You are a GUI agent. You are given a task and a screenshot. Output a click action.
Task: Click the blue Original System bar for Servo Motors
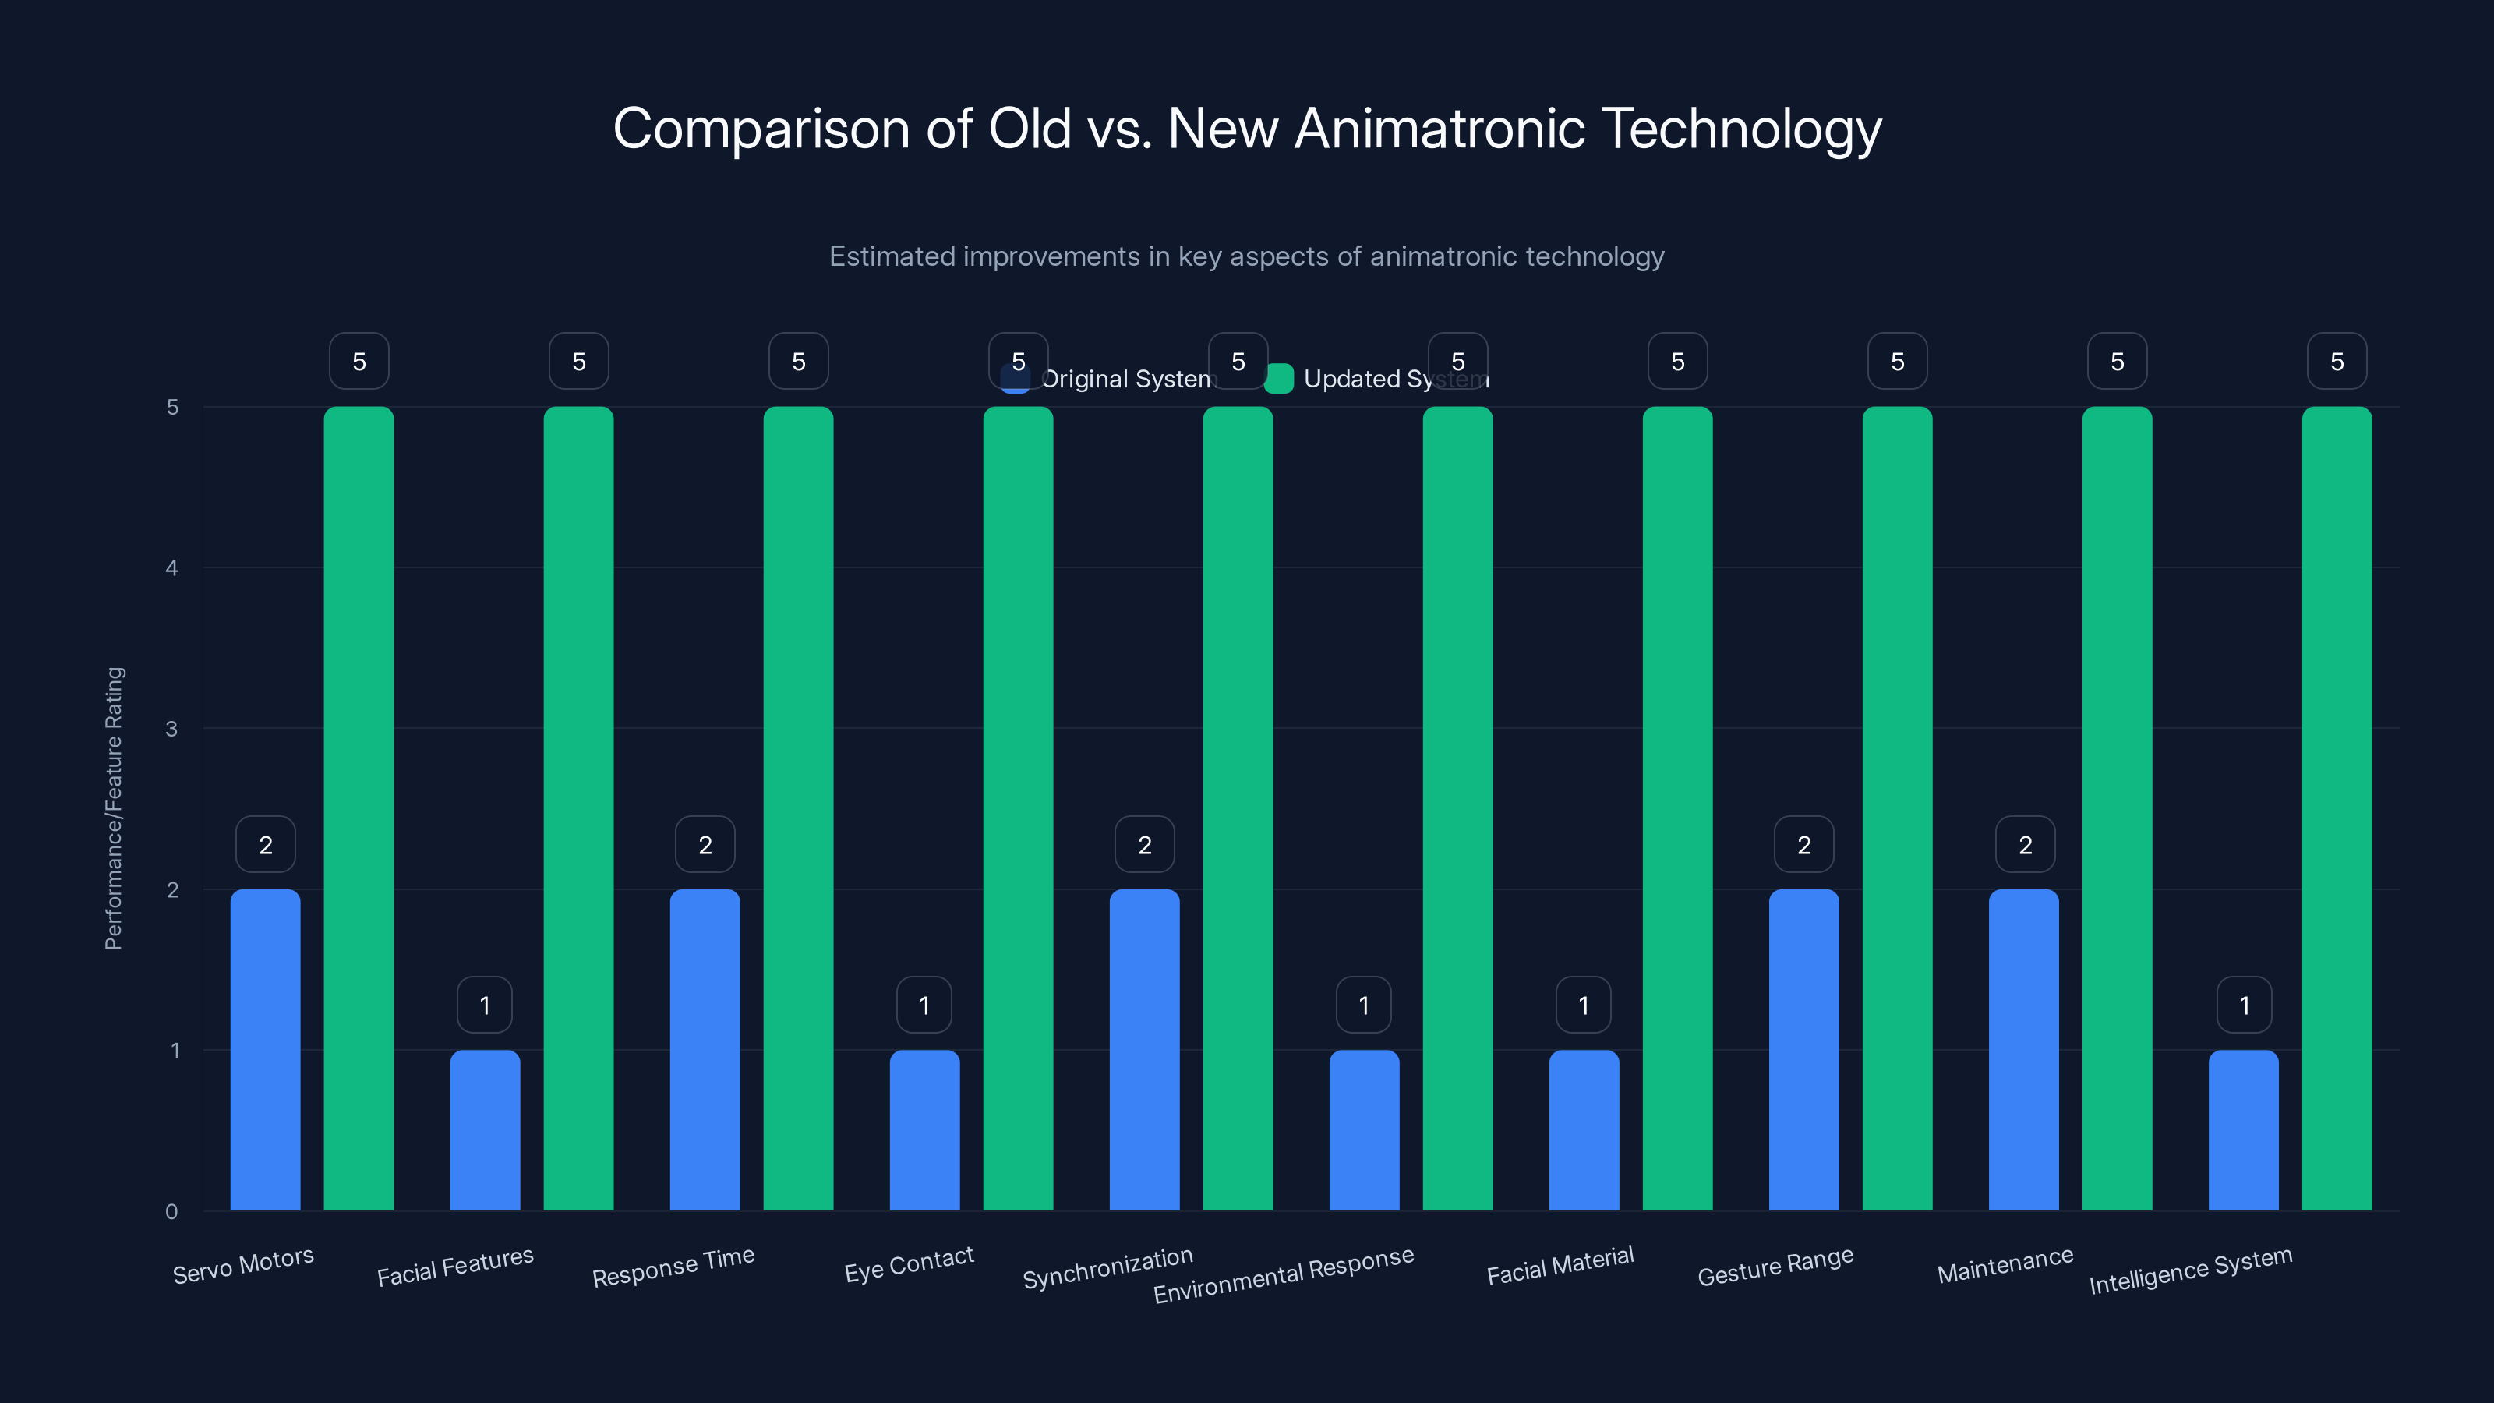pyautogui.click(x=265, y=1050)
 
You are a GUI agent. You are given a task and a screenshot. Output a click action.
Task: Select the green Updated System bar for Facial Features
pyautogui.click(x=578, y=808)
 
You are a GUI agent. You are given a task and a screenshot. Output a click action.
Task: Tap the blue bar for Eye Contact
pyautogui.click(x=924, y=1130)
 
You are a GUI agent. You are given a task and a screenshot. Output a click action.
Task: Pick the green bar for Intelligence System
pyautogui.click(x=2337, y=808)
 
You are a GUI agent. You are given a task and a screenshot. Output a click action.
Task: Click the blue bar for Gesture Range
pyautogui.click(x=1803, y=1050)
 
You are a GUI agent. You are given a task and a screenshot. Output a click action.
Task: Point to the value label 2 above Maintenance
pyautogui.click(x=2025, y=844)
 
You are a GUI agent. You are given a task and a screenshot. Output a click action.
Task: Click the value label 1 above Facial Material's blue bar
pyautogui.click(x=1583, y=1005)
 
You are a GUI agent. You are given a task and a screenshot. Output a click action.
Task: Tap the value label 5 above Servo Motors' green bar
pyautogui.click(x=359, y=361)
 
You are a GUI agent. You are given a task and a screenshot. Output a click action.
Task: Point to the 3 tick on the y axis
pyautogui.click(x=171, y=728)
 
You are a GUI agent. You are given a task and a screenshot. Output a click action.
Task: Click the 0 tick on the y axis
pyautogui.click(x=171, y=1211)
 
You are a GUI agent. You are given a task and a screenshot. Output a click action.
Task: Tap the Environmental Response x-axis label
pyautogui.click(x=1283, y=1274)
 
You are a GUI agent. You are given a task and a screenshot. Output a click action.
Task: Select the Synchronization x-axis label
pyautogui.click(x=1107, y=1267)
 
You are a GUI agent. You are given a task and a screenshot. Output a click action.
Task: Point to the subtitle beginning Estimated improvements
pyautogui.click(x=1246, y=256)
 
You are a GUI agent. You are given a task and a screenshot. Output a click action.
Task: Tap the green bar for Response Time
pyautogui.click(x=798, y=808)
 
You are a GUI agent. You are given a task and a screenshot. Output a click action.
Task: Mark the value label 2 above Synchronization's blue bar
pyautogui.click(x=1144, y=844)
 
